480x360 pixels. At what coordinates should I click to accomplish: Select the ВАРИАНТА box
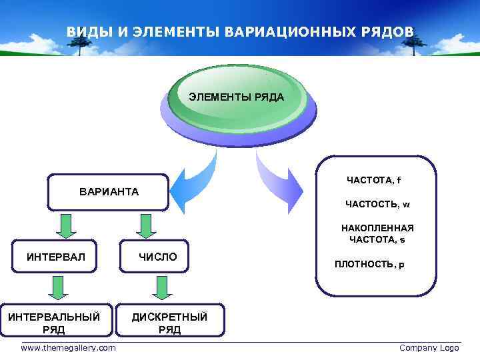pos(109,192)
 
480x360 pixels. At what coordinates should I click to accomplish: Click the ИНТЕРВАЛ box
pos(56,256)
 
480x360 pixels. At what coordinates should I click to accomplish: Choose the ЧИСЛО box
pos(157,256)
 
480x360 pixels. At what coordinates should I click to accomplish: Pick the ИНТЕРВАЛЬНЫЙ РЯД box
pos(54,323)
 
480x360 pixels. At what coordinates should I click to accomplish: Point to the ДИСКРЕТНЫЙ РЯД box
pos(169,323)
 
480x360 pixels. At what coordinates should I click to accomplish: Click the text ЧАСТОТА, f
pos(373,180)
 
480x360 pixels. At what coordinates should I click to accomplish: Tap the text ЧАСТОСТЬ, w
pos(377,204)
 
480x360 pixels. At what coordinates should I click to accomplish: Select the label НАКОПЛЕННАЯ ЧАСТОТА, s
pos(377,233)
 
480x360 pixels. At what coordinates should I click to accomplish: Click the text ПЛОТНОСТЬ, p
pos(369,264)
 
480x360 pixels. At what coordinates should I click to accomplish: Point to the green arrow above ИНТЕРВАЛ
pos(65,225)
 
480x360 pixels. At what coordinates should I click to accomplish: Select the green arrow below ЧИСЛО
pos(161,287)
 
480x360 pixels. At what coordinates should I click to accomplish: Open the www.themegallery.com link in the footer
pos(68,348)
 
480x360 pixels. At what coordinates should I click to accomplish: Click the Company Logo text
pos(429,348)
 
